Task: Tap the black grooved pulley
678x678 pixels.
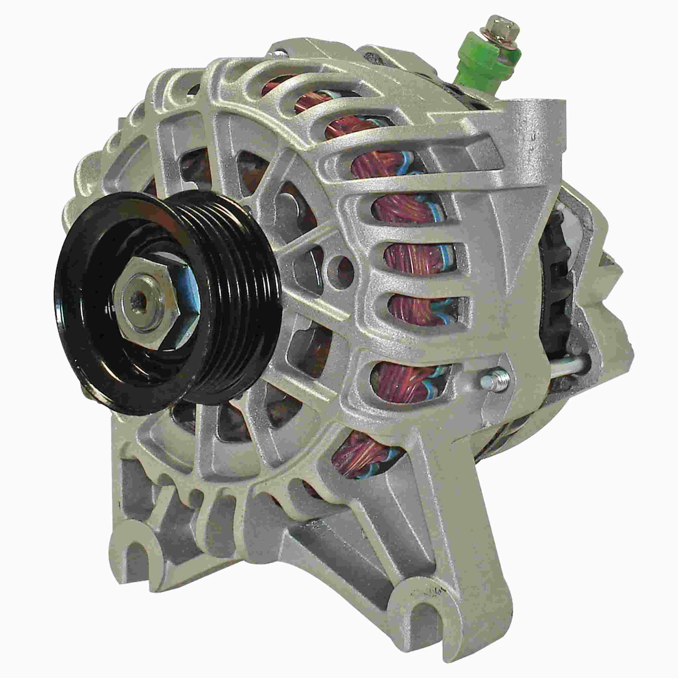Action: (225, 267)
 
